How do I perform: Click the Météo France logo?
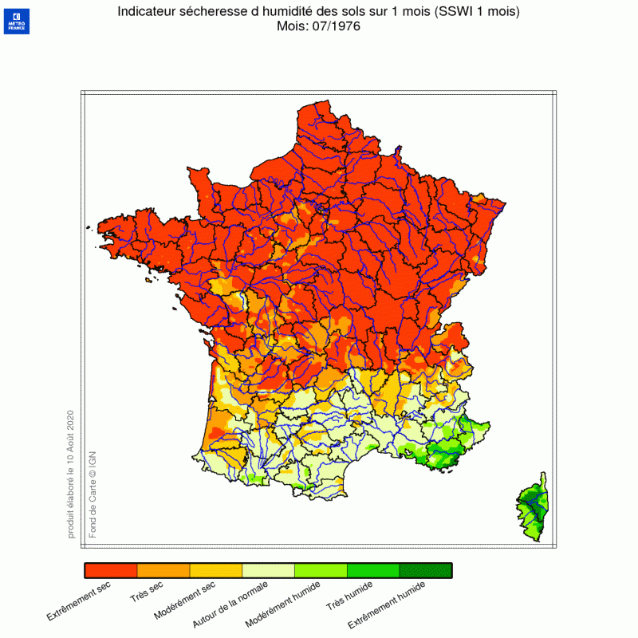click(x=16, y=21)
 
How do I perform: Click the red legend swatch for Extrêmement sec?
click(x=111, y=570)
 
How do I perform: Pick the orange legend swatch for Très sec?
click(x=163, y=570)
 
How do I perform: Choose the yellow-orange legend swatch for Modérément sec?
click(x=216, y=570)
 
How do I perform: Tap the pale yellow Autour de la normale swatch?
click(x=269, y=570)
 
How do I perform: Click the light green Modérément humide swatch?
click(x=321, y=570)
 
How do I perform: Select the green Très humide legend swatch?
click(x=373, y=570)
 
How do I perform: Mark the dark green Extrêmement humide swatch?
click(x=426, y=570)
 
